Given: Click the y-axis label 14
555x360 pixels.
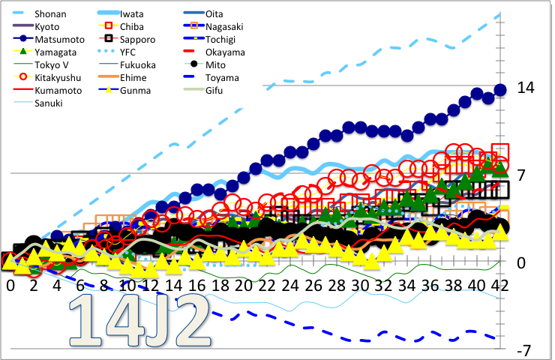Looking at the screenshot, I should pyautogui.click(x=525, y=88).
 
